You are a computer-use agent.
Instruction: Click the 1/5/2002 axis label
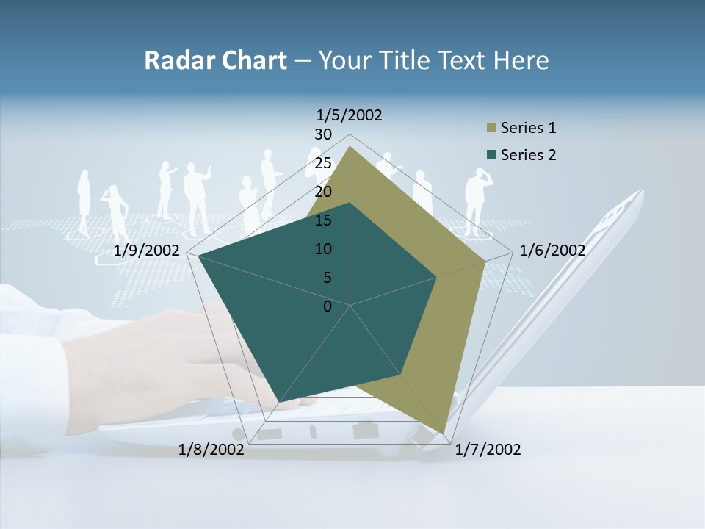[x=350, y=115]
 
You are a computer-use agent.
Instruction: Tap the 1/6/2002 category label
[x=552, y=251]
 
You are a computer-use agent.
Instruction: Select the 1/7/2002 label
[x=488, y=450]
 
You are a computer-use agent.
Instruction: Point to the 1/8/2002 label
[x=211, y=450]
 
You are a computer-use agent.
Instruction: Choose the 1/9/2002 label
[x=147, y=251]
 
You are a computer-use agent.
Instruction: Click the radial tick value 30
[x=323, y=134]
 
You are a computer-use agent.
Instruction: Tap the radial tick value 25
[x=323, y=163]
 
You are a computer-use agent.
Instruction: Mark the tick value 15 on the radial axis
[x=323, y=220]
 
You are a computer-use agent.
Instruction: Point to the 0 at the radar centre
[x=328, y=306]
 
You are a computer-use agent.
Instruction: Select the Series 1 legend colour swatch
[x=492, y=129]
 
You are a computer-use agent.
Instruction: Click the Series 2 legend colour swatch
[x=492, y=155]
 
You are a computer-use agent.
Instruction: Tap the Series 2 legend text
[x=528, y=155]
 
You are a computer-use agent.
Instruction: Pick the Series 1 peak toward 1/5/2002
[x=350, y=146]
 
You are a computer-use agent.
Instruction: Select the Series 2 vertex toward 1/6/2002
[x=437, y=277]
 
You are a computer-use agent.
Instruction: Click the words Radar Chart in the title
[x=215, y=60]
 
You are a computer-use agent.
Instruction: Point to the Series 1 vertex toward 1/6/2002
[x=485, y=261]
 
